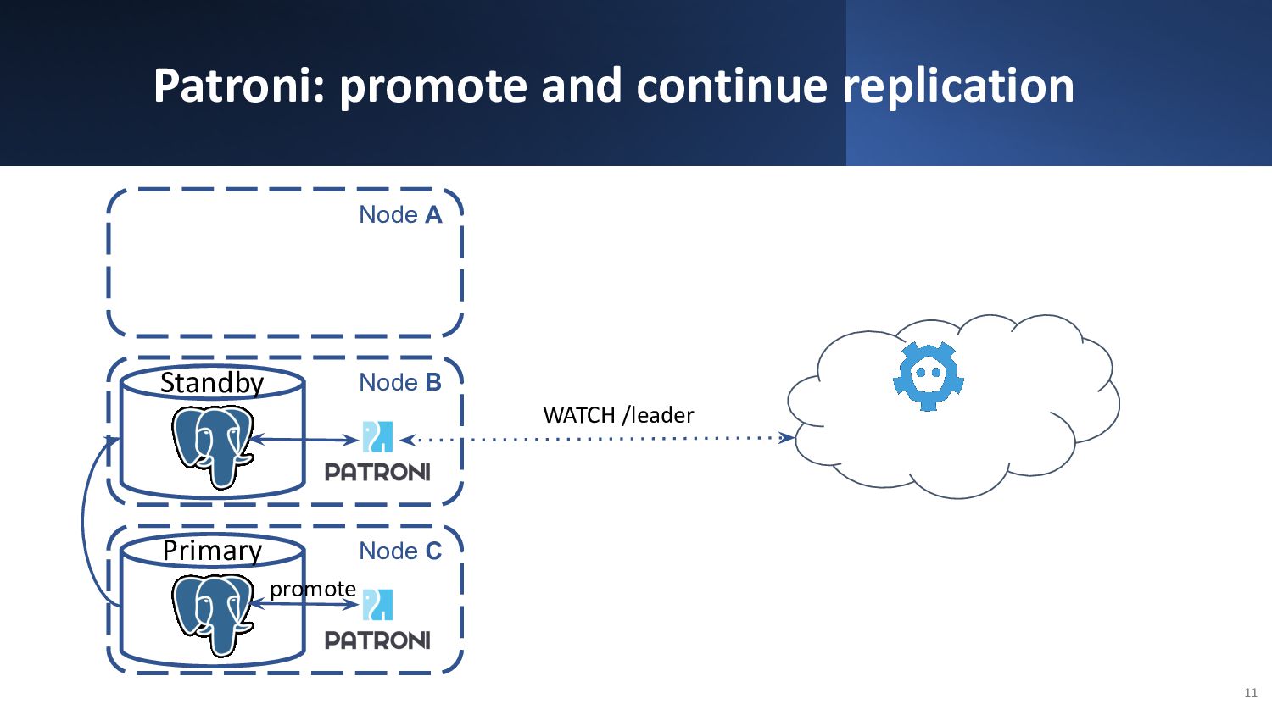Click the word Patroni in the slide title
click(238, 86)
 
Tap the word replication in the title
click(958, 88)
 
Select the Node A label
click(400, 214)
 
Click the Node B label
click(400, 382)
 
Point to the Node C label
click(400, 551)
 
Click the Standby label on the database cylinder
click(212, 383)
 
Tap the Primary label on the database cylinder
click(212, 551)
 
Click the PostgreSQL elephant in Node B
click(212, 446)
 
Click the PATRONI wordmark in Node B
click(377, 472)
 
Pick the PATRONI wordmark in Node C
click(377, 640)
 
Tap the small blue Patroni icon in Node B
click(377, 436)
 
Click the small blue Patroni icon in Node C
click(377, 605)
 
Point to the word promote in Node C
click(313, 590)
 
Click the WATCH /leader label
click(618, 415)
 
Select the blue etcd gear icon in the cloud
click(929, 375)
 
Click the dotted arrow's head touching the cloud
click(787, 437)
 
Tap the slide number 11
click(1251, 693)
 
